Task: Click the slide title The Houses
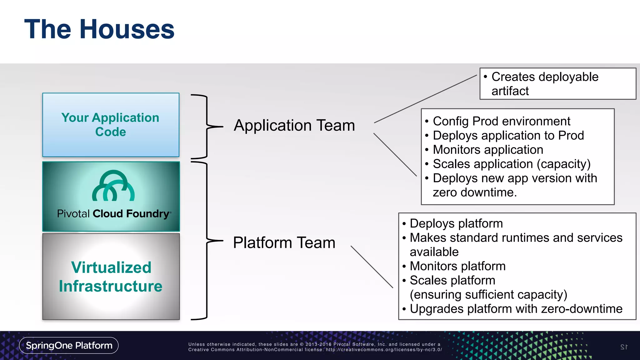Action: point(99,29)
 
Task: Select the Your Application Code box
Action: point(111,125)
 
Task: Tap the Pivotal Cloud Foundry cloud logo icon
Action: point(113,186)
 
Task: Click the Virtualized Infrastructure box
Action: point(111,277)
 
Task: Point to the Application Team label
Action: point(294,125)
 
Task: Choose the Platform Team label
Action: point(284,242)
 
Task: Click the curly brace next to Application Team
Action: point(207,127)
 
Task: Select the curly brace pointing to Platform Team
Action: point(207,241)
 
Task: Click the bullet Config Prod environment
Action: point(501,121)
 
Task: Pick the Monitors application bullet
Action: point(487,150)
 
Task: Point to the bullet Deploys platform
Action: point(456,223)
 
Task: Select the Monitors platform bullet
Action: point(457,266)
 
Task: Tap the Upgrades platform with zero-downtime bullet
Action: point(516,309)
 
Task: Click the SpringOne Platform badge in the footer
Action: point(69,345)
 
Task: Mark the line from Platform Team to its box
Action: point(372,267)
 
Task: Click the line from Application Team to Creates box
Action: point(425,99)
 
